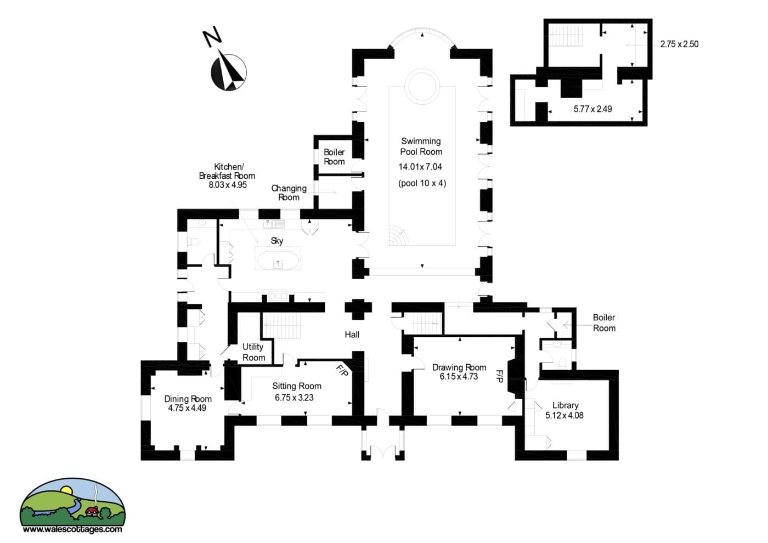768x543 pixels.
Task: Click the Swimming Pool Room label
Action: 421,146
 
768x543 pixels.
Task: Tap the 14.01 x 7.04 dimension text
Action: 420,167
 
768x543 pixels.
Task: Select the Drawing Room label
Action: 459,367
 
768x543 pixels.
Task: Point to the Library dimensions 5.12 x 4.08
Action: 564,416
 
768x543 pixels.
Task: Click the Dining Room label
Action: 188,399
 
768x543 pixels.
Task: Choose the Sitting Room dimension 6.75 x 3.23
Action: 294,398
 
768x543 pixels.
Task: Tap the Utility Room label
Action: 253,352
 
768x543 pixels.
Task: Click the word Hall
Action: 352,335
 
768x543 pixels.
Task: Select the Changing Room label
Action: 289,193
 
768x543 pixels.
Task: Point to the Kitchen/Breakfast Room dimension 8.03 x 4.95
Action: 228,185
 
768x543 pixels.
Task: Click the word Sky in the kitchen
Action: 277,241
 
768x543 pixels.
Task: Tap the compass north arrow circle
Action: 229,72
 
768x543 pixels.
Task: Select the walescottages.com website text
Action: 72,529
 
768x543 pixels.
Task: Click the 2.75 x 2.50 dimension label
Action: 679,44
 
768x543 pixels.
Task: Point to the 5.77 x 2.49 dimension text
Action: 592,109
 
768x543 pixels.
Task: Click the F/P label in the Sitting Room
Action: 342,371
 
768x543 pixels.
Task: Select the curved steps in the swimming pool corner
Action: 398,235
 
